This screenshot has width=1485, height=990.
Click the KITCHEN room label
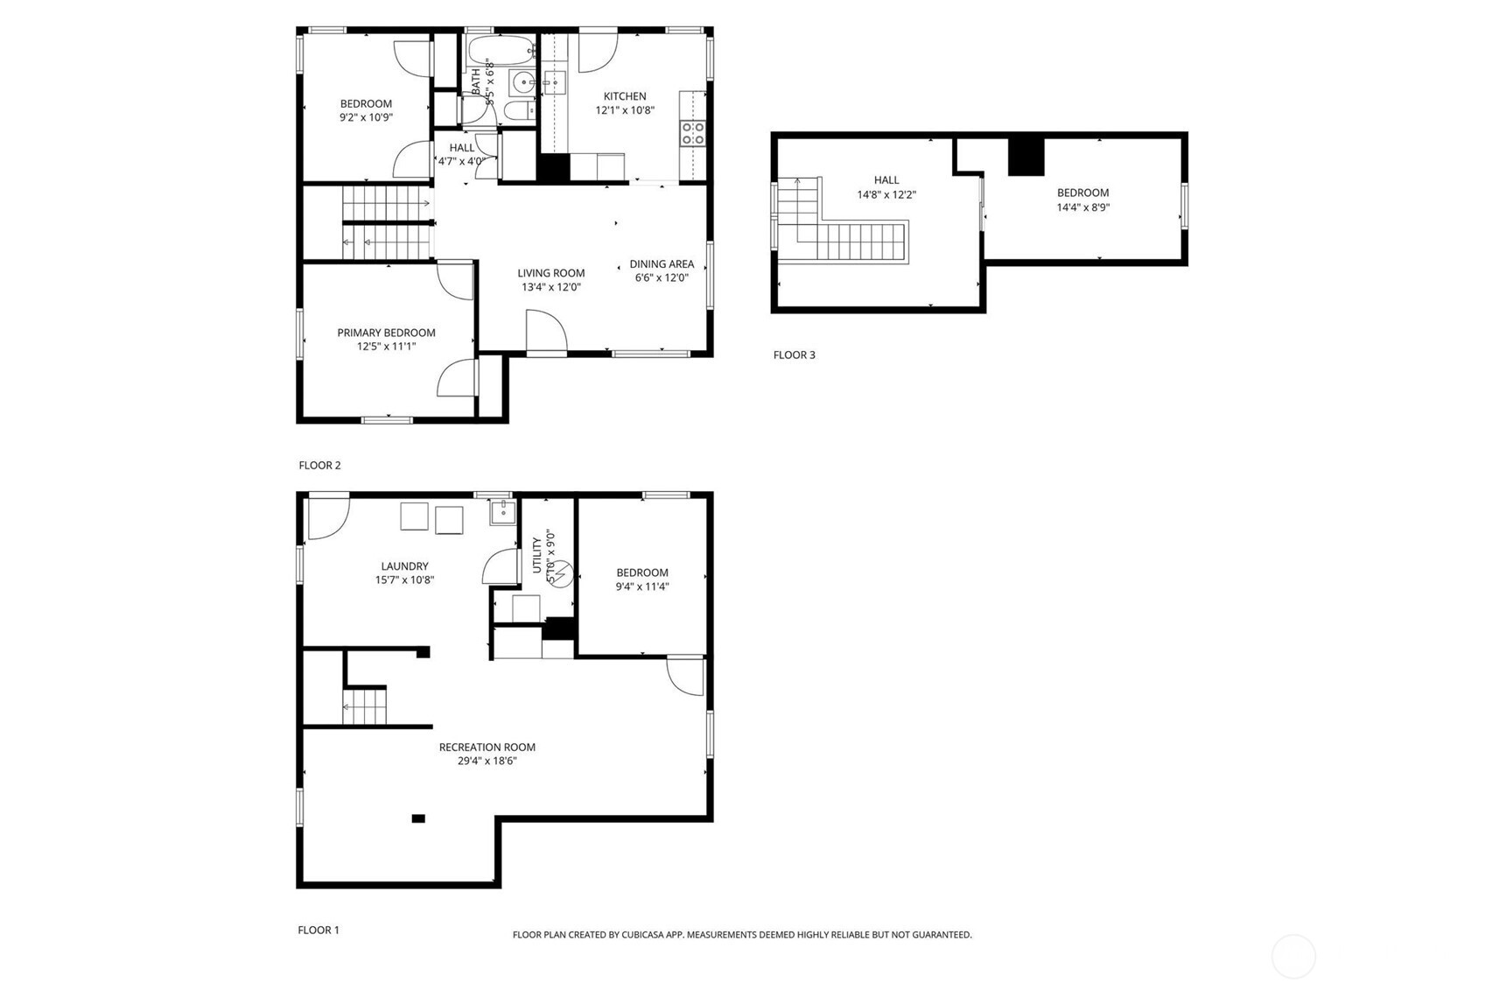click(x=624, y=96)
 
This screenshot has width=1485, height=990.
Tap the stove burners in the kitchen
click(x=692, y=133)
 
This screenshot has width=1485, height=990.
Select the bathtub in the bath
click(x=500, y=48)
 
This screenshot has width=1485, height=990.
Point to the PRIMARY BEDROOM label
click(x=386, y=333)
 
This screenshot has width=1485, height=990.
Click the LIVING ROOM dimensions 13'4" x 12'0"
click(x=550, y=287)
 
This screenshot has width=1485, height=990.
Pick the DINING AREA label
click(x=662, y=263)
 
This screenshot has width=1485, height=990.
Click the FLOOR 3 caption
click(x=794, y=355)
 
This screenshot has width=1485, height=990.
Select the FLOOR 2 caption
click(x=319, y=465)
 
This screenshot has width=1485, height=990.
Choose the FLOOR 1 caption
click(x=319, y=930)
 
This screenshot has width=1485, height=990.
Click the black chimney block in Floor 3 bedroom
click(x=1026, y=158)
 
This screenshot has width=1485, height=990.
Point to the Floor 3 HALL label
click(x=886, y=180)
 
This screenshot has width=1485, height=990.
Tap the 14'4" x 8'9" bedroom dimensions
click(x=1082, y=207)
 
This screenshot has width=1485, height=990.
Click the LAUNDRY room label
click(x=404, y=566)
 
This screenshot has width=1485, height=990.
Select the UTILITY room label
click(x=536, y=555)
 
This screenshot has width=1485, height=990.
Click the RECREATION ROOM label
click(x=487, y=747)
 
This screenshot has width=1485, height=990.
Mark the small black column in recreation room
click(x=418, y=818)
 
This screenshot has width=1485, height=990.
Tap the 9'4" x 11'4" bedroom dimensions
click(x=641, y=586)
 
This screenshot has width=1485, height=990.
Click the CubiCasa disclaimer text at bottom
click(x=741, y=935)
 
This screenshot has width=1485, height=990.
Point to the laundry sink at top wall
click(x=502, y=511)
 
